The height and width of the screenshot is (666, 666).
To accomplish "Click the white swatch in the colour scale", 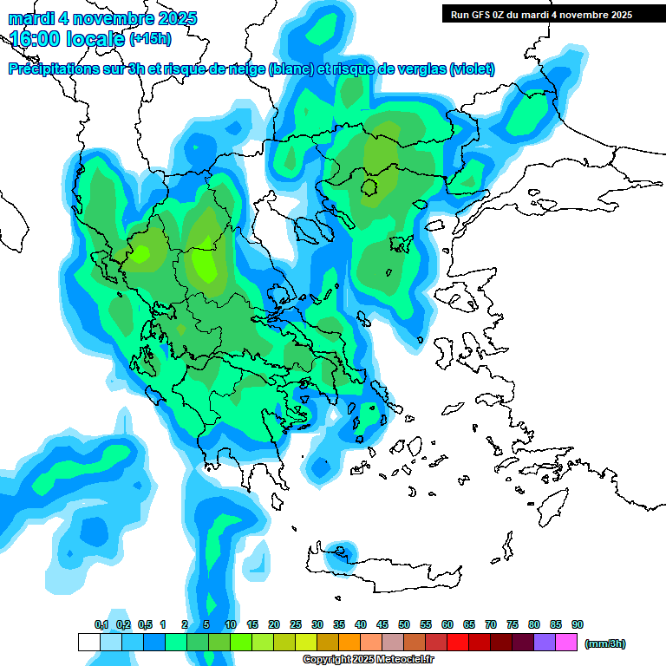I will point(88,643).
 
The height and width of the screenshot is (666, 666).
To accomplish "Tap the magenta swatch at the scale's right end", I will point(566,643).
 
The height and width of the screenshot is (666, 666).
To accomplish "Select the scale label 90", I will point(578,624).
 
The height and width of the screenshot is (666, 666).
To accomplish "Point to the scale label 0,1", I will point(101,624).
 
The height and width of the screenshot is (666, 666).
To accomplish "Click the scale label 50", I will point(404,624).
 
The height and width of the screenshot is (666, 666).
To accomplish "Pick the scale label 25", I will point(296,624).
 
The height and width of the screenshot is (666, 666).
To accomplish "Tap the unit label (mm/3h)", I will point(604,643).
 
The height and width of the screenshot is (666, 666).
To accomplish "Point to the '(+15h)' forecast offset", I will point(150,39).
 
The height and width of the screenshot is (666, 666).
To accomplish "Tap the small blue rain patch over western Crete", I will point(343,552).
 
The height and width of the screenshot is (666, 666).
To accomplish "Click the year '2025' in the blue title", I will point(176,18).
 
